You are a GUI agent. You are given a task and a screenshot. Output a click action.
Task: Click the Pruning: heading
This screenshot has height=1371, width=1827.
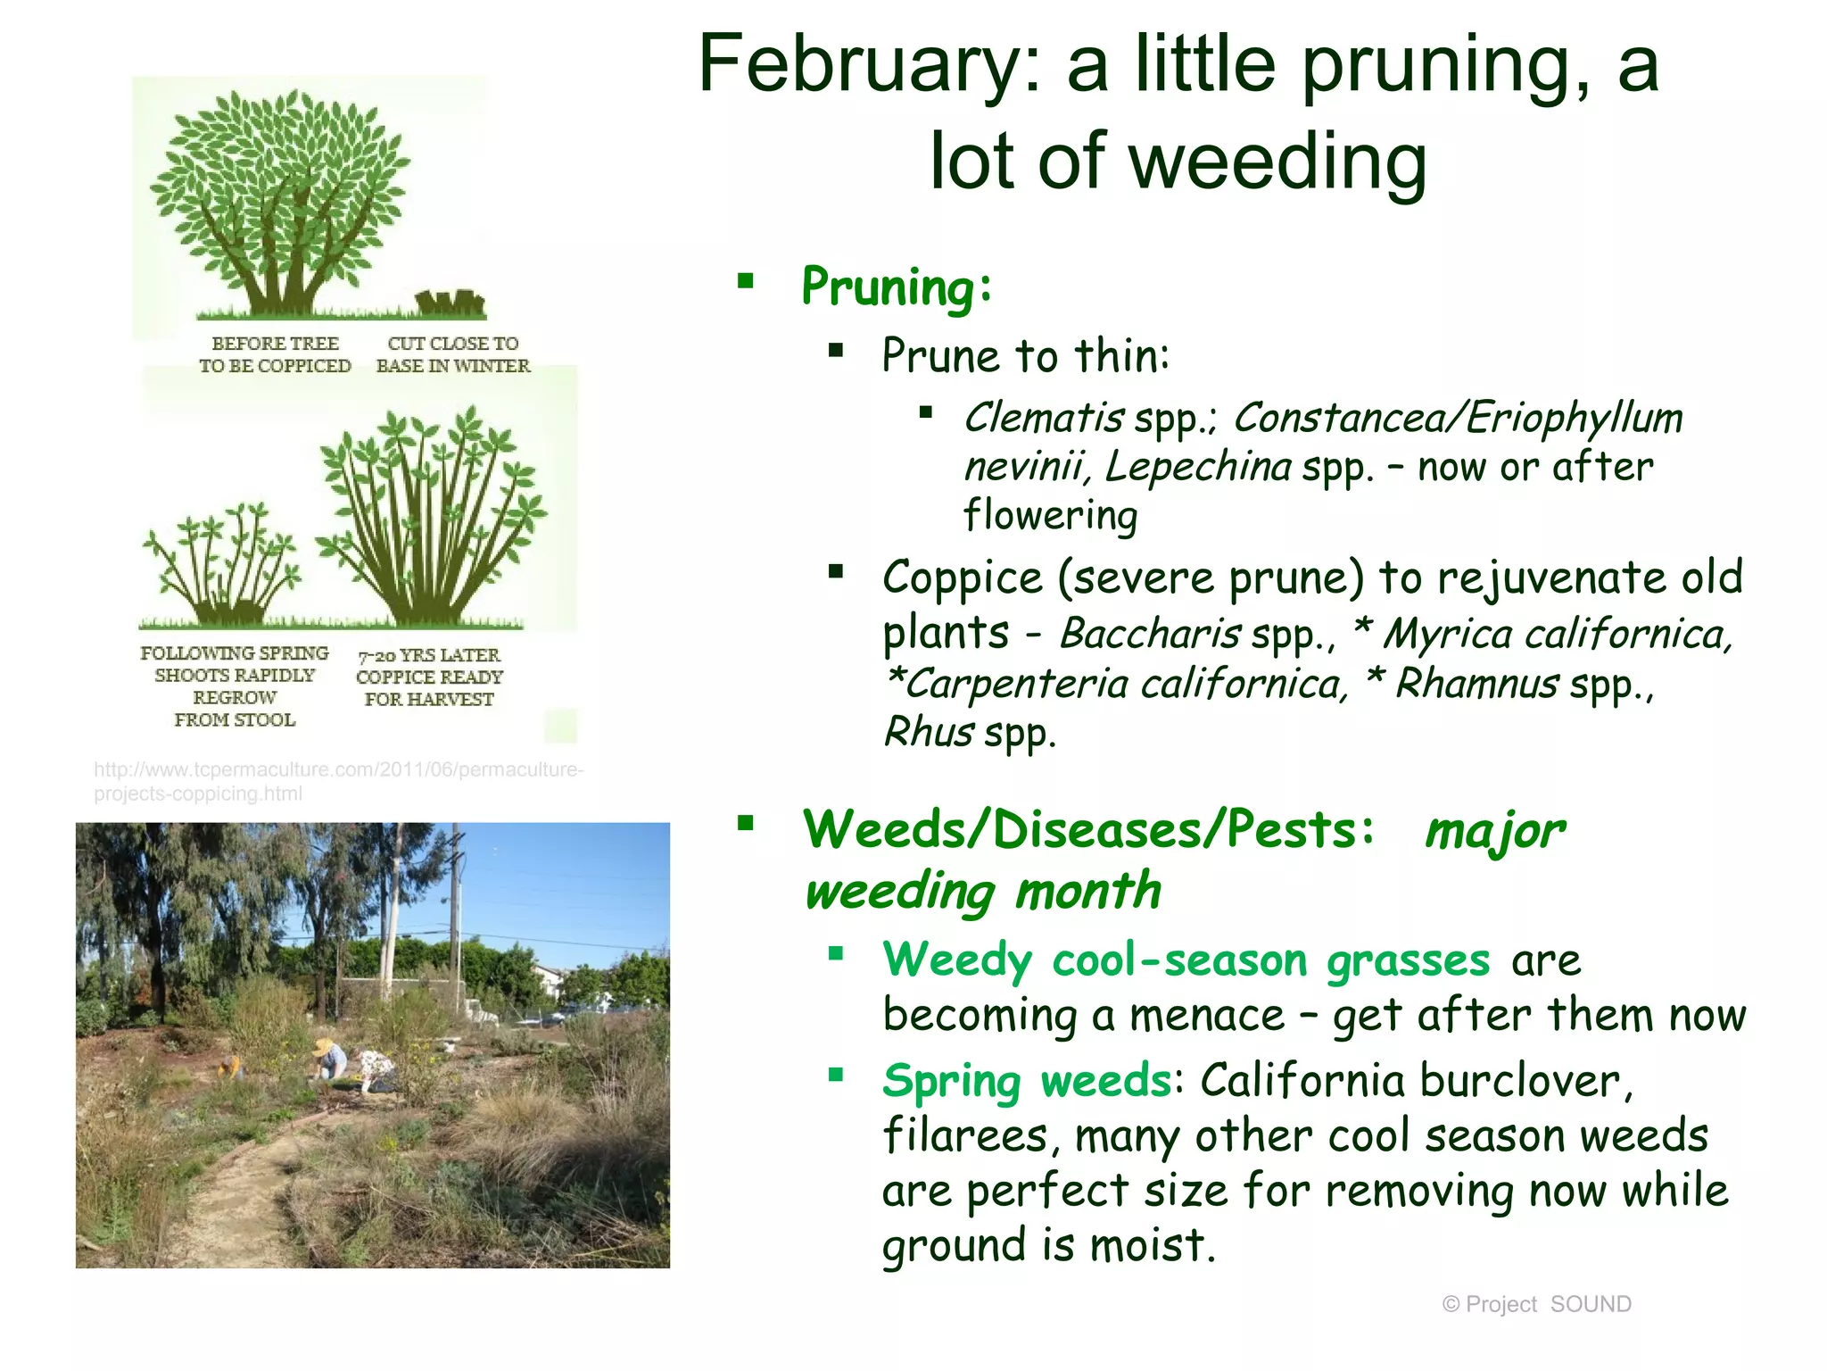[x=897, y=287]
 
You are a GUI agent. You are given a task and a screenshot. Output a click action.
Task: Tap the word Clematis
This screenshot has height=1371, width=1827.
[x=1044, y=418]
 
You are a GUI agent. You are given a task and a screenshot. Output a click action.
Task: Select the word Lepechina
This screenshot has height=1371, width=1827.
[x=1197, y=467]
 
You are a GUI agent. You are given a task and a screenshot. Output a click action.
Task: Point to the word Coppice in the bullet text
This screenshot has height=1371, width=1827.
[x=962, y=578]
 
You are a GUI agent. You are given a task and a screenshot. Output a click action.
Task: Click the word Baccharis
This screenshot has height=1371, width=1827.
[x=1150, y=635]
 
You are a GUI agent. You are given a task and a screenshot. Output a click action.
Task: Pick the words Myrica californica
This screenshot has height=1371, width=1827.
[x=1557, y=635]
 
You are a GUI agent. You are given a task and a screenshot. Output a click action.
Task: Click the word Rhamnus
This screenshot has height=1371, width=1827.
[x=1476, y=685]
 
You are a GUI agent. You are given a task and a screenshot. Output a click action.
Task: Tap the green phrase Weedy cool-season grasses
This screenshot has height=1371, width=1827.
[x=1186, y=960]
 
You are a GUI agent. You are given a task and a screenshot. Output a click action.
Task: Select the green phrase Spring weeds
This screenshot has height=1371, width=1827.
[x=1026, y=1081]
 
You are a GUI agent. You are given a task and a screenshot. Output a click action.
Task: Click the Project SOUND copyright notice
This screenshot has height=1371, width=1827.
[x=1536, y=1304]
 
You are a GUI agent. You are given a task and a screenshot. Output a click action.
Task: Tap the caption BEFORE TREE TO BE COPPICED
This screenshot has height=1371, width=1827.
[x=275, y=354]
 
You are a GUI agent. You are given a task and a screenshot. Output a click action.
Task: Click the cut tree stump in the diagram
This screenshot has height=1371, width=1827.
[x=451, y=303]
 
